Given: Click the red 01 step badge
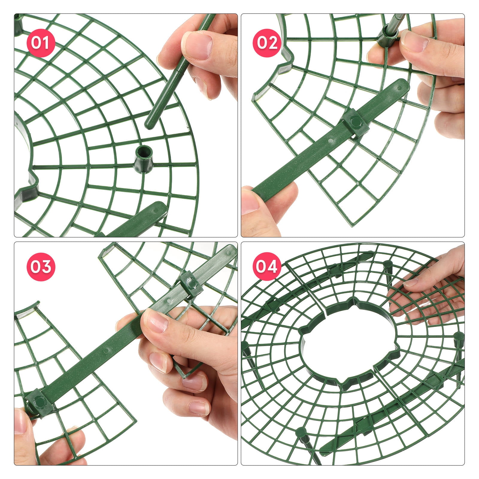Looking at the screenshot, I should pos(41,43).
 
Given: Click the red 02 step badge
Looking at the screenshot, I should pos(267,43).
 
